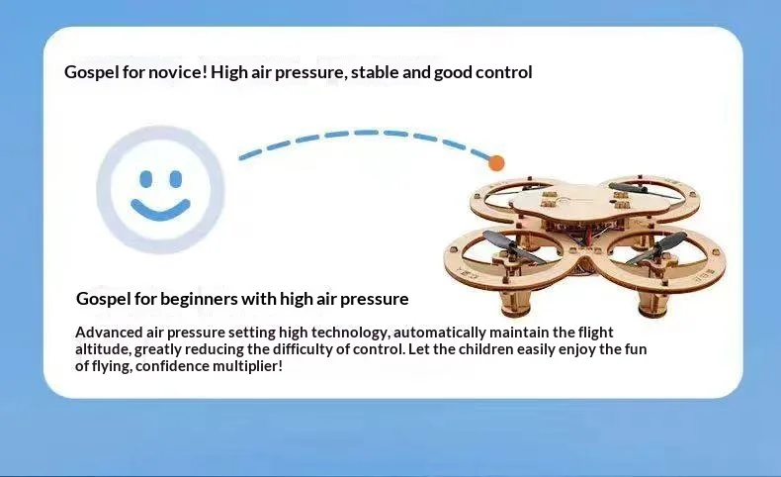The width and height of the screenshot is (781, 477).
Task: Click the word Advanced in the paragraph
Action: pos(109,332)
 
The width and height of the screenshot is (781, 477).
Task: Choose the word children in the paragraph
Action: pos(485,349)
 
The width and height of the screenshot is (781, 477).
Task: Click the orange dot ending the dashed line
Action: pos(496,163)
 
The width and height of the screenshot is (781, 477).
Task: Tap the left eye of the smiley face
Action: pos(146,179)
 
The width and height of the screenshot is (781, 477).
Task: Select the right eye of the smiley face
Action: pos(176,179)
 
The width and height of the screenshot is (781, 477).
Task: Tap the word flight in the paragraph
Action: pos(595,333)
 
